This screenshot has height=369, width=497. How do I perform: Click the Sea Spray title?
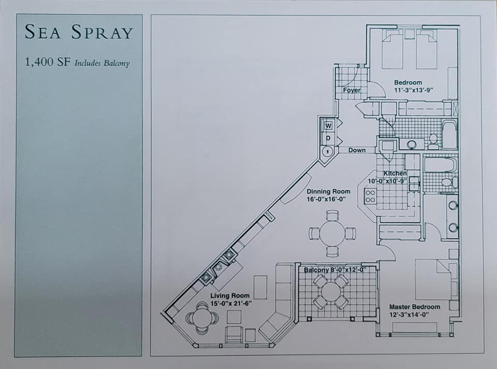click(79, 32)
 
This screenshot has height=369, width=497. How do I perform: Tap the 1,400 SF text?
click(48, 62)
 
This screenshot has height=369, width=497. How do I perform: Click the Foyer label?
click(352, 90)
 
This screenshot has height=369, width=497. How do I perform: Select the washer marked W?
click(328, 125)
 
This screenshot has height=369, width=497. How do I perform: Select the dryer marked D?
click(328, 138)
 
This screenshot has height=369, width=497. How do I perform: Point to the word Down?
click(357, 150)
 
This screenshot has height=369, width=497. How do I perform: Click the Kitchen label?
click(395, 174)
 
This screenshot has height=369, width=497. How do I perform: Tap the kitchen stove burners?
click(370, 196)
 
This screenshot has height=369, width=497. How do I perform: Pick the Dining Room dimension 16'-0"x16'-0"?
click(326, 199)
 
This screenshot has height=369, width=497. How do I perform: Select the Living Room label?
click(230, 296)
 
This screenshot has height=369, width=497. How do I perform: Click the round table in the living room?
click(202, 317)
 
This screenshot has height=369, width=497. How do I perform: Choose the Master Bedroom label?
click(415, 307)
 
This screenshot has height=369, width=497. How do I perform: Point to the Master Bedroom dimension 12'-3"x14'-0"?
click(409, 315)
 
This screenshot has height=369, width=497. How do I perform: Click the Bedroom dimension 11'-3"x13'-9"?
click(414, 90)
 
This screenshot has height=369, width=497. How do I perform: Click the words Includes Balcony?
click(102, 63)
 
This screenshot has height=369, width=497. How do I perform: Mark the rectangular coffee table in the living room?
click(260, 287)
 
